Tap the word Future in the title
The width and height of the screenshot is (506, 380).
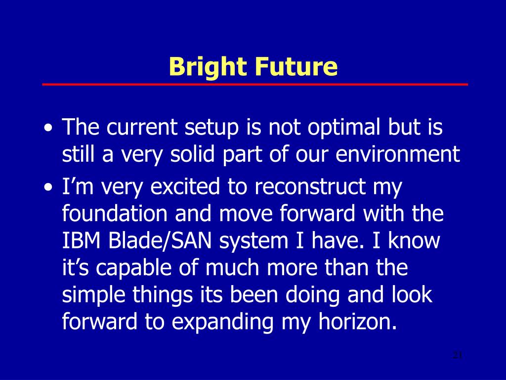coord(296,66)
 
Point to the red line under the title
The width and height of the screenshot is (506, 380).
coord(255,84)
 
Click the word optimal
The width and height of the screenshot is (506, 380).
coord(344,128)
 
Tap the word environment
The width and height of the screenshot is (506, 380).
coord(398,154)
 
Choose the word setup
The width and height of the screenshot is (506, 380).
coord(211,128)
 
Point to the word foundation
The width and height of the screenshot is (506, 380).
coord(115,213)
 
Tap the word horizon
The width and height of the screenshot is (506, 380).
coord(358,322)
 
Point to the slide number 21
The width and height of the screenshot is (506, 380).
coord(458,355)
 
